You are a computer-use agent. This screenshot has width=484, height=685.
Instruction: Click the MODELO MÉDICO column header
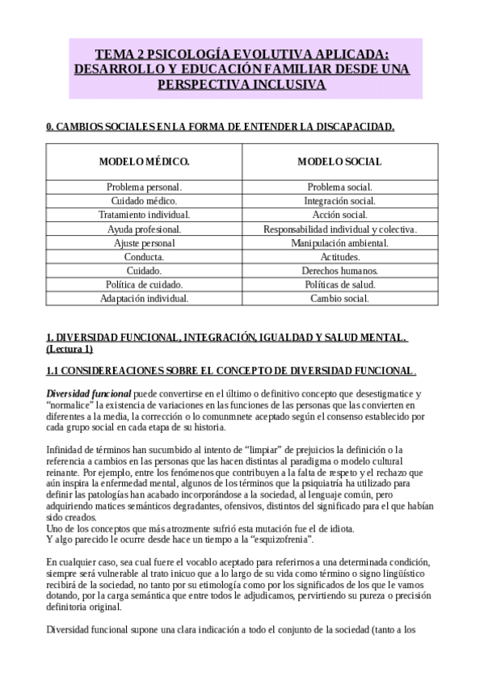[144, 162]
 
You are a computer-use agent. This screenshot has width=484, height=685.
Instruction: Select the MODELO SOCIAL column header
[339, 162]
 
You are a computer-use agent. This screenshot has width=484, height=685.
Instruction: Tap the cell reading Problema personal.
[144, 187]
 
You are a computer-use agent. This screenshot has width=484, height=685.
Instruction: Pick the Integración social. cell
[339, 200]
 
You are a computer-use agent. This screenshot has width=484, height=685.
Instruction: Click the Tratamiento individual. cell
[144, 215]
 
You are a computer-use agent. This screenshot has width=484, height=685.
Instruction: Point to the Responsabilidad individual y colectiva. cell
[339, 229]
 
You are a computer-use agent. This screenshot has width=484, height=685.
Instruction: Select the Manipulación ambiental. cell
[339, 242]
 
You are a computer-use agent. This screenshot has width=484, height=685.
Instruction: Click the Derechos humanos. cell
[339, 271]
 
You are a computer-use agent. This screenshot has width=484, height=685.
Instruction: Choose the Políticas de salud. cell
[339, 284]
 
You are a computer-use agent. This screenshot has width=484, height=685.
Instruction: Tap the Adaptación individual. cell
[144, 298]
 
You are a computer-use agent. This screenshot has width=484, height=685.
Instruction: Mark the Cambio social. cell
[339, 298]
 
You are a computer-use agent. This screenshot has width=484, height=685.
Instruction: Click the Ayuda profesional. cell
[144, 229]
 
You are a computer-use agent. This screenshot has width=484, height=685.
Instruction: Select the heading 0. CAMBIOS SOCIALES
[220, 127]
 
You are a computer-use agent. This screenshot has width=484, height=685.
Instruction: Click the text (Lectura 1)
[69, 349]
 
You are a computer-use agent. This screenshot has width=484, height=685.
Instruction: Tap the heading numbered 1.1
[230, 370]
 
